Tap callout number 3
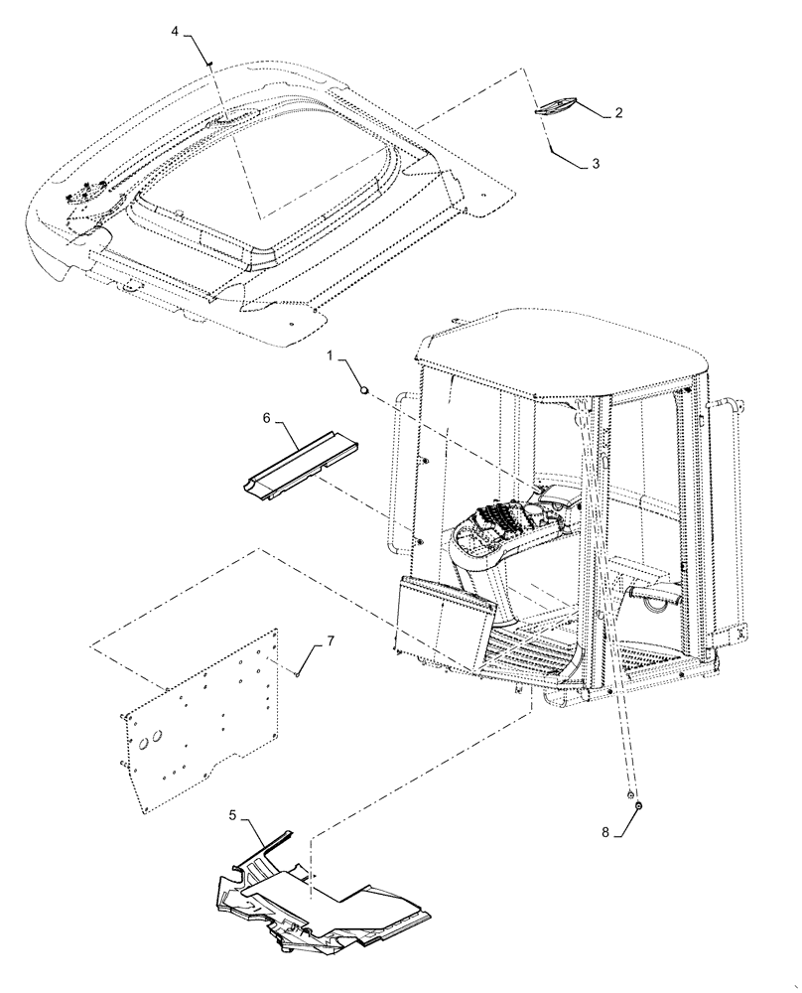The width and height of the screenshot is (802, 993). point(595,165)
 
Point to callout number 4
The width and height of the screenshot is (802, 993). point(175,32)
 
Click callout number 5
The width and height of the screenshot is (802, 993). point(232,815)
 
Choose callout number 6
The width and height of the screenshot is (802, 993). point(267,420)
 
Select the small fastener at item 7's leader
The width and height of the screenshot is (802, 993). point(298,674)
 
